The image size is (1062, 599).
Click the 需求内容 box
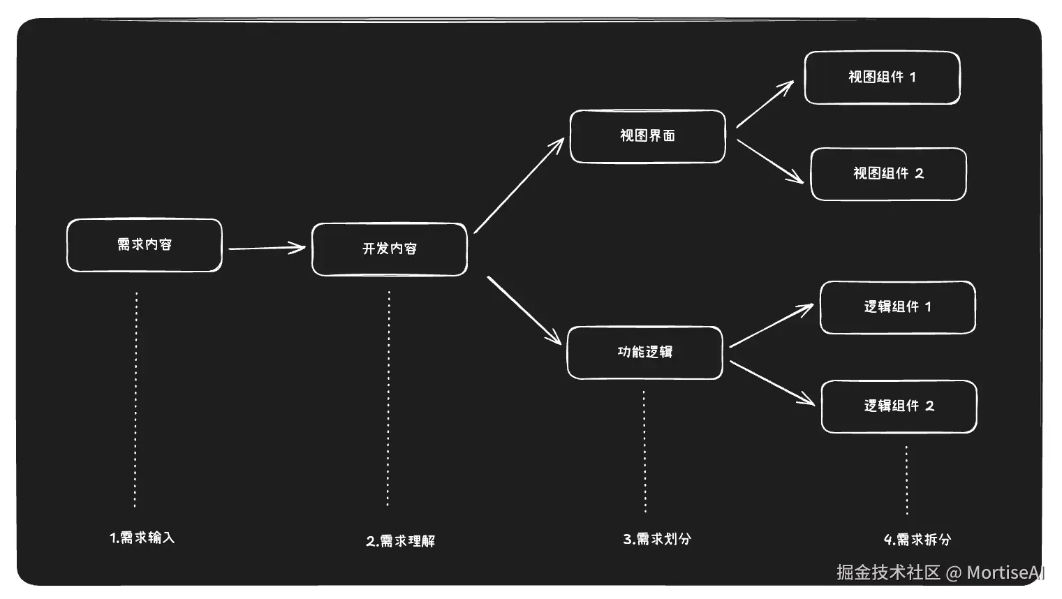tap(145, 245)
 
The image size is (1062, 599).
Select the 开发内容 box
tap(390, 249)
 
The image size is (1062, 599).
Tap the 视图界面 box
tap(648, 136)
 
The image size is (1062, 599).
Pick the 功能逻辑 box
tap(644, 353)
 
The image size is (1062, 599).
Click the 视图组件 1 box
tap(882, 77)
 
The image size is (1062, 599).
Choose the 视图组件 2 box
tap(888, 174)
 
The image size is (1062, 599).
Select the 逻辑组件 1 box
tap(897, 307)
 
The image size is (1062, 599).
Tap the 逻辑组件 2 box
tap(899, 406)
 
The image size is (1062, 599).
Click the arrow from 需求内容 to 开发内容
tap(266, 248)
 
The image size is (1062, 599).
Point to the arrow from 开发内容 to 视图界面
tap(519, 186)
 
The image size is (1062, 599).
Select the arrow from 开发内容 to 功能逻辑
tap(524, 310)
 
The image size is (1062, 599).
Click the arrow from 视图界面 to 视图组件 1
tap(765, 104)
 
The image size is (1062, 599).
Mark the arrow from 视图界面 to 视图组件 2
tap(769, 161)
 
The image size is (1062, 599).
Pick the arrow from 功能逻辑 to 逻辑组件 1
tap(771, 326)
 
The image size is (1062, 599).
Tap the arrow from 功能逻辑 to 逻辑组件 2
tap(772, 383)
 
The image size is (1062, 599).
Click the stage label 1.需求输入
tap(142, 538)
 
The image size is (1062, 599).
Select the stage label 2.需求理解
tap(401, 541)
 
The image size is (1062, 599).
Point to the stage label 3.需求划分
tap(657, 539)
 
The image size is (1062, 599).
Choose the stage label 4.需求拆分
tap(917, 540)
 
